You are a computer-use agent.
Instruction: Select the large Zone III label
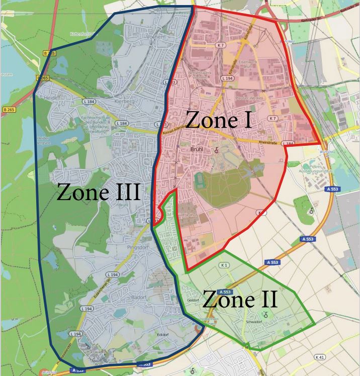98,192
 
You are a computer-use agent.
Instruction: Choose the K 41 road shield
320,357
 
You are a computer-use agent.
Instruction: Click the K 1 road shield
224,265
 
